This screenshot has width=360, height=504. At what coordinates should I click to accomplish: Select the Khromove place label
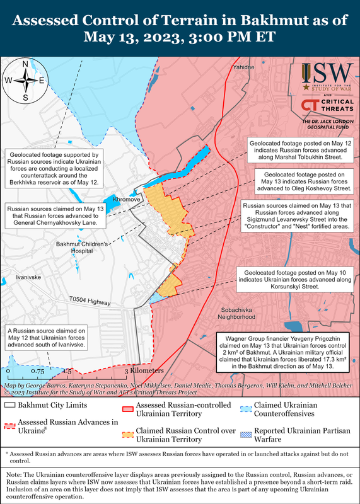126,199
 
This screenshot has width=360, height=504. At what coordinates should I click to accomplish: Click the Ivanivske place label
28,277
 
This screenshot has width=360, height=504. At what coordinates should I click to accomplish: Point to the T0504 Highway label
91,302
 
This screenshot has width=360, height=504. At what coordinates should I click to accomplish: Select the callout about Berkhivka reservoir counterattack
53,168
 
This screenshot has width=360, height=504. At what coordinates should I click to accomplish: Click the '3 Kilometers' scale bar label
139,371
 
